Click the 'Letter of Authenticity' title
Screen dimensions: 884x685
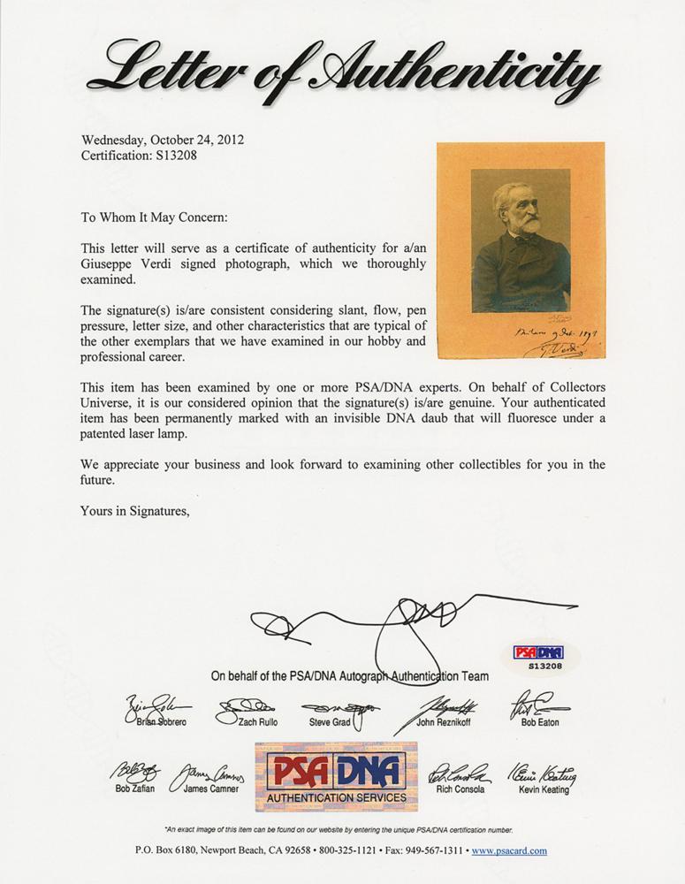pyautogui.click(x=342, y=69)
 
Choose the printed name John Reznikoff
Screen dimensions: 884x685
pyautogui.click(x=446, y=722)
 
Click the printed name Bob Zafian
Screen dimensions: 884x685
pyautogui.click(x=134, y=789)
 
